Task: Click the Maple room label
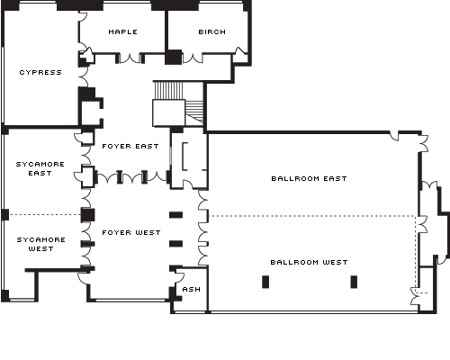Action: click(x=123, y=31)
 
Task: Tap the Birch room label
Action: click(x=212, y=31)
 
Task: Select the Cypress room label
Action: click(x=40, y=72)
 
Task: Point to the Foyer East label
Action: click(x=130, y=146)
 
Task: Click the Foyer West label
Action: click(x=131, y=232)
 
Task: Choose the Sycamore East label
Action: click(x=40, y=168)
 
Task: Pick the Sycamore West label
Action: click(x=41, y=244)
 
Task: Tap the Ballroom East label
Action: click(x=309, y=178)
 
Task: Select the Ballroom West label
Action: click(x=309, y=262)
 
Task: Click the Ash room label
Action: click(x=192, y=289)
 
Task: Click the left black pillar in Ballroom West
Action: click(x=265, y=282)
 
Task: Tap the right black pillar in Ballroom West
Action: click(x=354, y=282)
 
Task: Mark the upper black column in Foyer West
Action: click(x=176, y=215)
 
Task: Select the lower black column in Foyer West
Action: click(x=176, y=244)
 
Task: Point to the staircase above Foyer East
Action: click(x=178, y=103)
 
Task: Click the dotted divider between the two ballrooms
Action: click(x=312, y=216)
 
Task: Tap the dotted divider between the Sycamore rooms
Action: click(x=45, y=215)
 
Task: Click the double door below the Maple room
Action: click(x=130, y=58)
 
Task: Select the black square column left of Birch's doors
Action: click(x=174, y=58)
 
